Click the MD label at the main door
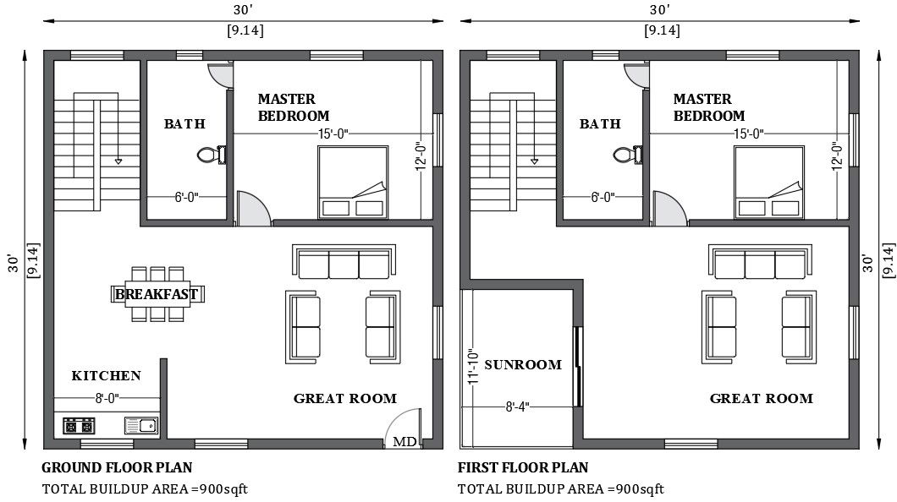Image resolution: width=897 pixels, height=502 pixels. click(x=404, y=441)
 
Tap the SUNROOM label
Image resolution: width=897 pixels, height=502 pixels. click(x=523, y=365)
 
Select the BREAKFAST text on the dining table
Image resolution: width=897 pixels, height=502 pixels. click(x=157, y=294)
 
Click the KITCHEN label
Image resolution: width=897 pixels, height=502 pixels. click(x=106, y=375)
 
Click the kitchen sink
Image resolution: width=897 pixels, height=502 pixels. click(x=140, y=426)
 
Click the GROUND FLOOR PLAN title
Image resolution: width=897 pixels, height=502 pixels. click(x=117, y=467)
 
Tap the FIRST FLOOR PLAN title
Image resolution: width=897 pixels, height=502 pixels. click(x=523, y=467)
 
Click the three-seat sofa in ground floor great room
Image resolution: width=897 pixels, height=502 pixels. click(x=344, y=263)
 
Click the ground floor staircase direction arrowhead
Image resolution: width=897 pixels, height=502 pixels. click(x=118, y=160)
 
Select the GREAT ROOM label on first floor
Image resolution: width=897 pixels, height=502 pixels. click(x=761, y=398)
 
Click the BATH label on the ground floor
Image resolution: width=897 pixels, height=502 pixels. click(x=184, y=124)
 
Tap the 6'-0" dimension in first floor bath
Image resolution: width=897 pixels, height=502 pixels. click(x=602, y=197)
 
